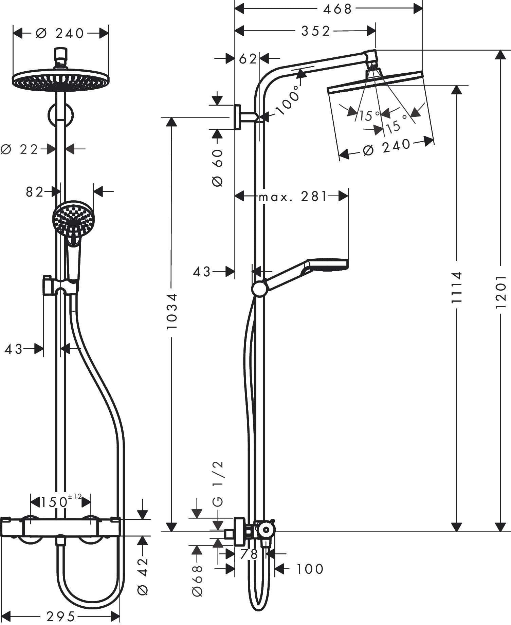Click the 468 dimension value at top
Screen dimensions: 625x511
tap(337, 9)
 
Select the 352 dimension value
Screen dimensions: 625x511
tap(315, 31)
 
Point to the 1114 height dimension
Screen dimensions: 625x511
tap(457, 287)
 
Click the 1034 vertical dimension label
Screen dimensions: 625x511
tap(172, 311)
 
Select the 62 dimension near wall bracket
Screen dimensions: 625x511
tap(248, 59)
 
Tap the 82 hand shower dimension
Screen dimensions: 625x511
tap(35, 192)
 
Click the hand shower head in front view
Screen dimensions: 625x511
tap(73, 220)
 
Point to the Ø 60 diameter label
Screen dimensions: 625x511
tap(217, 168)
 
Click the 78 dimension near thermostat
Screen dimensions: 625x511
tap(249, 554)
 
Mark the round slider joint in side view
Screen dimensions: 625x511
tap(259, 289)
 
